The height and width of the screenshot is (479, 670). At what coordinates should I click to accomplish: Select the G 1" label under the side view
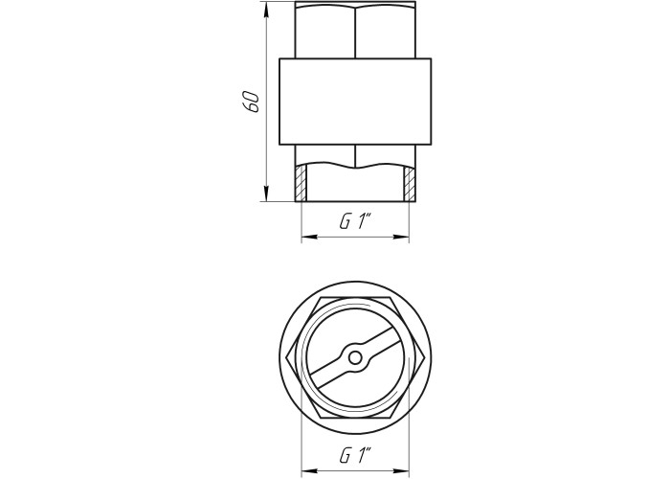click(x=355, y=222)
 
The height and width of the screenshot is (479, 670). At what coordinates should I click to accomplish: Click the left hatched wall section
click(x=301, y=183)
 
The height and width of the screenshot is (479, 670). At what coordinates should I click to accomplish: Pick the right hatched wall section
click(x=410, y=183)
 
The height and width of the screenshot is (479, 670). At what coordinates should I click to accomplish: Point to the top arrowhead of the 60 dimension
click(x=267, y=10)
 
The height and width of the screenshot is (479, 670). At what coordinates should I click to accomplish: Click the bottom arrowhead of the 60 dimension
click(x=267, y=194)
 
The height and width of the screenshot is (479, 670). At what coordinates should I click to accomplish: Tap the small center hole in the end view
click(x=355, y=358)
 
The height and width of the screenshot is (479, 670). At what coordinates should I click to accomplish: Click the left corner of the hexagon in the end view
click(x=285, y=358)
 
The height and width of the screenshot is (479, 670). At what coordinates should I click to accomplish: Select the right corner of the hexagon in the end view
click(x=424, y=358)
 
